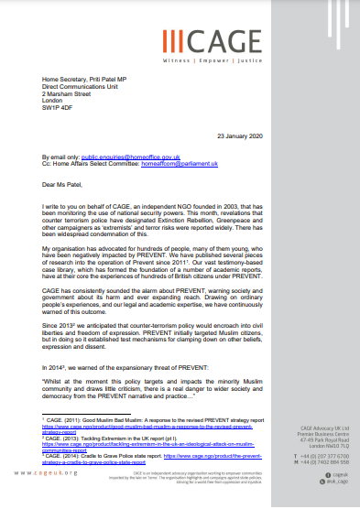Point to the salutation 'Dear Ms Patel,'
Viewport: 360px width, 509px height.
65,188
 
